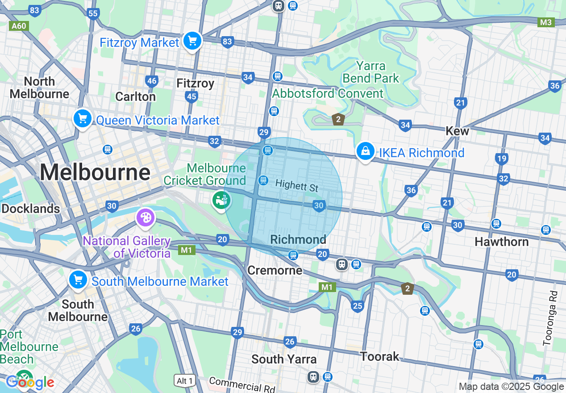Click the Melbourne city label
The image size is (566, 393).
point(95,172)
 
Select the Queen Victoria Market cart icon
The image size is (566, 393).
point(83,119)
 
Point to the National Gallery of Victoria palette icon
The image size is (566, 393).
point(146,218)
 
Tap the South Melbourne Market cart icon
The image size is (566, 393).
point(78,280)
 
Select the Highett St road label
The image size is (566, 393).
point(297,185)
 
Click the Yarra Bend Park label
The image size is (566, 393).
point(370,72)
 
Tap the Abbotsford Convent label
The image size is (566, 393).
point(328,93)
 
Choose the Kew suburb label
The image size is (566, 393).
point(457,131)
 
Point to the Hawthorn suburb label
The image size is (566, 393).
point(501,242)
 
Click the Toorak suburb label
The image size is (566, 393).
point(379,356)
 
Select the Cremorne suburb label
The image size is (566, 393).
point(275,270)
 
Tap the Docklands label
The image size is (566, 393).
point(30,209)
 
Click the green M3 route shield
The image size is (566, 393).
point(546,22)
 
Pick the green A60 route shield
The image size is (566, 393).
point(19,26)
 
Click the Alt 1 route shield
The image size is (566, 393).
point(185,380)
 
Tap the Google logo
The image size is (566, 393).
point(29,382)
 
